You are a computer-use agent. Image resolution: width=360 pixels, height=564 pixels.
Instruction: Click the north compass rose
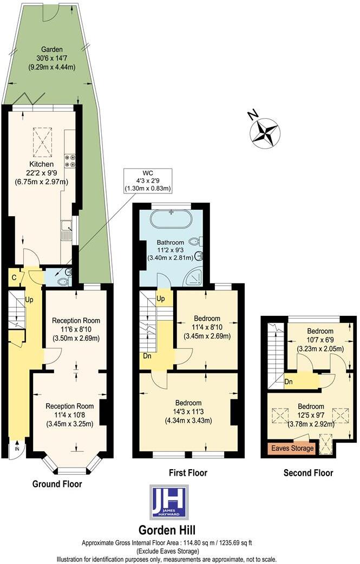tap(265, 132)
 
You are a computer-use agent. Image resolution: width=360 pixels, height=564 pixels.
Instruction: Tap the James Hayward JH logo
tap(169, 502)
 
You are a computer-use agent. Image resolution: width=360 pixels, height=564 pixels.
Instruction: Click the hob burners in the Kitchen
tap(70, 160)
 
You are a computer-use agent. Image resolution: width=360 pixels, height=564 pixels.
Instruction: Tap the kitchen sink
tap(68, 230)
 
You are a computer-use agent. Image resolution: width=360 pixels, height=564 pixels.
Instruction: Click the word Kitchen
tap(41, 164)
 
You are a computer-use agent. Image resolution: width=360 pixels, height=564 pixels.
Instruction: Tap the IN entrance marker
tap(17, 449)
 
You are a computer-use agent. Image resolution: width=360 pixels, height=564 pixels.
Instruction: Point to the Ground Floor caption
tap(57, 484)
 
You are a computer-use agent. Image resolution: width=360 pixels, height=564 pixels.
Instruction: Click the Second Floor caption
tap(309, 473)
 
